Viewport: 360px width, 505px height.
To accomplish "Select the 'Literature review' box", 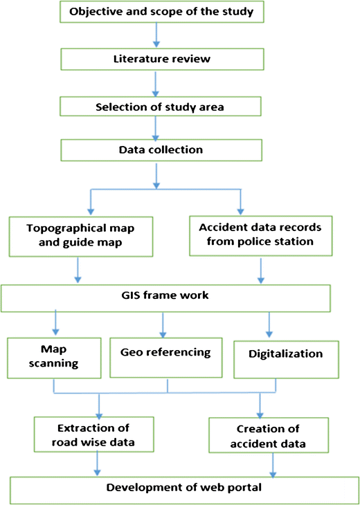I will (x=161, y=59).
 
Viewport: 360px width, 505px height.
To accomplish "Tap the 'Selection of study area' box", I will (x=161, y=106).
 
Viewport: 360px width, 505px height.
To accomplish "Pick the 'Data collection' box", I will (x=160, y=150).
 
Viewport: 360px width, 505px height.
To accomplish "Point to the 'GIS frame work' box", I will (x=171, y=296).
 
